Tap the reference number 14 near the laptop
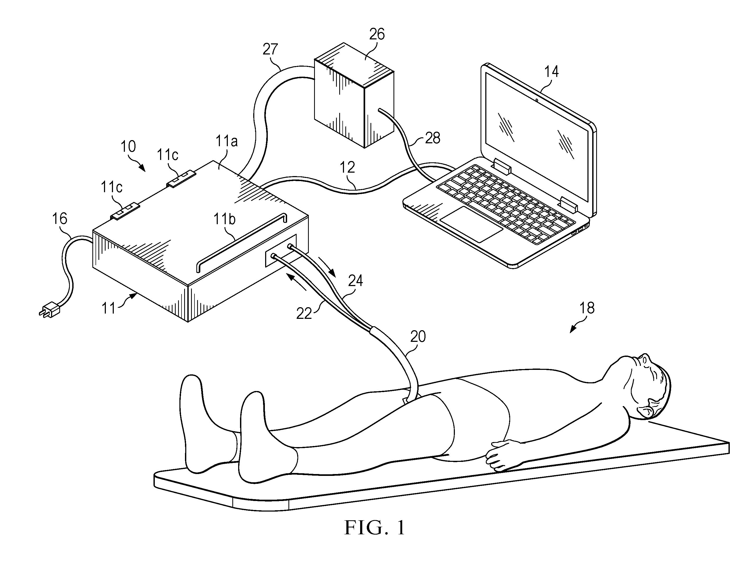551,71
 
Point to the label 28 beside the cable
433,138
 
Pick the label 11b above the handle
225,219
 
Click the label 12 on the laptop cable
347,167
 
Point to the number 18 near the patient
587,308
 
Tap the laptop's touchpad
471,224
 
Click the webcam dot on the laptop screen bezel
537,100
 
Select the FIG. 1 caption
375,528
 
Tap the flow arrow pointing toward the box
296,282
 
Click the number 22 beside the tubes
304,314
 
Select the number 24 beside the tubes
355,281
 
